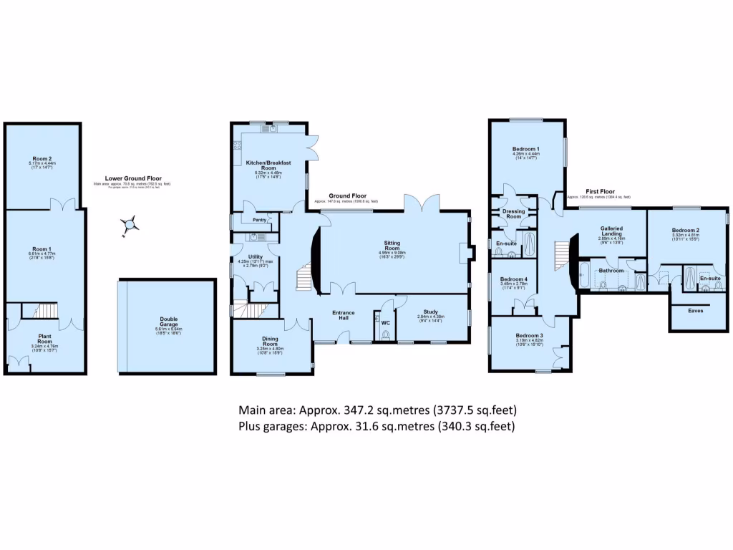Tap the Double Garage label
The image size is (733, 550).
169,321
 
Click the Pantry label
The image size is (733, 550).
250,221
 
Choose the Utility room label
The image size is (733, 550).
256,256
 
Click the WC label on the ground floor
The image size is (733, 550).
385,322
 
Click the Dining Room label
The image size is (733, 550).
271,343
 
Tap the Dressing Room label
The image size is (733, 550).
514,213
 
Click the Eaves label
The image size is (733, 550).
696,311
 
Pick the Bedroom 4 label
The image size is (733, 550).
514,279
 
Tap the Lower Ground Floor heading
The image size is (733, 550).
134,178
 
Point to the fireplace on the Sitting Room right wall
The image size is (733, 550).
466,253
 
